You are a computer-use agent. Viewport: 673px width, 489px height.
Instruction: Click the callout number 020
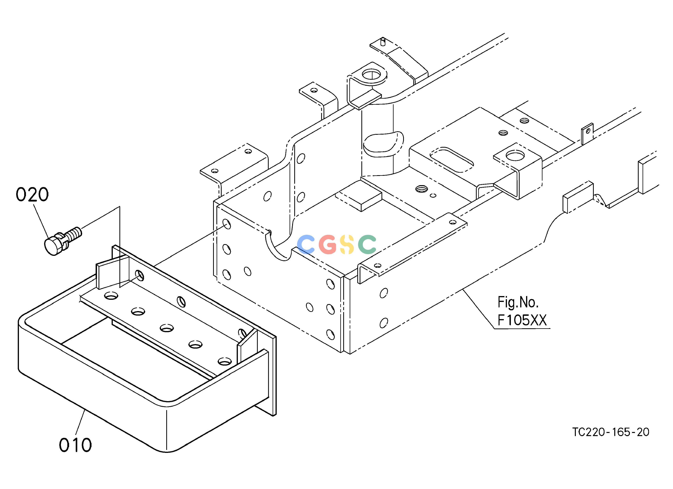[32, 195]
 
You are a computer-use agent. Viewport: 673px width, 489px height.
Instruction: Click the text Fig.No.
[518, 303]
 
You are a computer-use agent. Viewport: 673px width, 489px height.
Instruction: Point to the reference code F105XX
[522, 320]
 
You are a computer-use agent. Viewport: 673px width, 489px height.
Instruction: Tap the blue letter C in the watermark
[306, 244]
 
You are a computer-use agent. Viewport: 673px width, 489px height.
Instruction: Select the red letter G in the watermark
[328, 244]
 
